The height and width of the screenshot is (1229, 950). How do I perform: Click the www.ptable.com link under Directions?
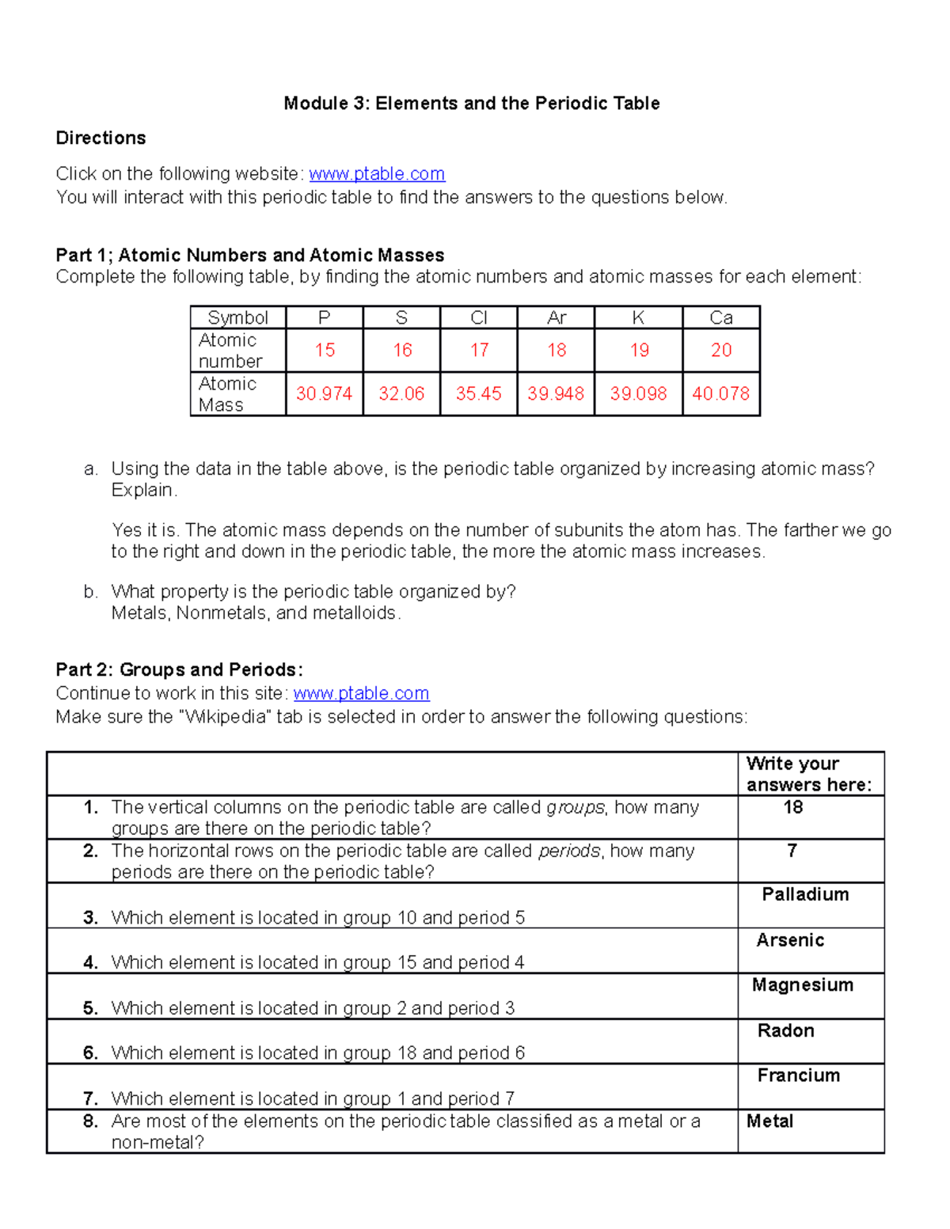coord(377,174)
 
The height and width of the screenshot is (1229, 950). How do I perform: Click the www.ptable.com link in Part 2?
coord(361,694)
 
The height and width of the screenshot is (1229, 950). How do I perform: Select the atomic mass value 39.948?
coord(556,394)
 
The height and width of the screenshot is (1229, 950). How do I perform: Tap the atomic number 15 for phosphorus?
coord(325,351)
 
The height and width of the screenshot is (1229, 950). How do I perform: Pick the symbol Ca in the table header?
coord(720,318)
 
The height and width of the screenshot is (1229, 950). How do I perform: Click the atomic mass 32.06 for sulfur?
coord(401,394)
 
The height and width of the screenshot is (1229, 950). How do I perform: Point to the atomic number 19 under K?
coord(639,351)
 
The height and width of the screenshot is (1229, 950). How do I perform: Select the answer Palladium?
coord(805,895)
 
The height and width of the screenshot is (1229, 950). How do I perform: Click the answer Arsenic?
coord(790,940)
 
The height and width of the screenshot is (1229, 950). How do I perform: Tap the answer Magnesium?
coord(803,985)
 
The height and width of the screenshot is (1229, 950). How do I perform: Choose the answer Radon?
coord(785,1031)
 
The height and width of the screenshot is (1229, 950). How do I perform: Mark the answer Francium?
coord(799,1075)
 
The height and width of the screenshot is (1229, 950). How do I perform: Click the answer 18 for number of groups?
coord(792,808)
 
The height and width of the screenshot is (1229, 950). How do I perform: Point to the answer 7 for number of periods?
coord(792,851)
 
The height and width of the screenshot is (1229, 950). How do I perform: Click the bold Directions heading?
coord(101,138)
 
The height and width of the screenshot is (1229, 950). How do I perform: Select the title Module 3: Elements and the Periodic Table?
coord(472,104)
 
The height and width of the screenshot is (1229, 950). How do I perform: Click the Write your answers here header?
coord(808,774)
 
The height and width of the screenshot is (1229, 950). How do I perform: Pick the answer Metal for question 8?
coord(769,1121)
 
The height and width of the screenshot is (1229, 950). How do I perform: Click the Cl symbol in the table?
coord(479,318)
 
